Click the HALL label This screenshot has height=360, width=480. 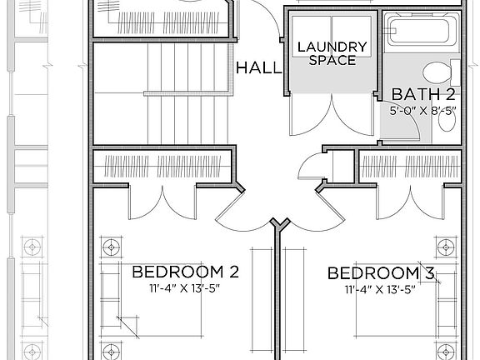[259, 68]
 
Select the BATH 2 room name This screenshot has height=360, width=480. [423, 93]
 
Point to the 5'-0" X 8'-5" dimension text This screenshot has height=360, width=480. [422, 109]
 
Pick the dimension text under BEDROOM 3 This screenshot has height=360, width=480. [380, 289]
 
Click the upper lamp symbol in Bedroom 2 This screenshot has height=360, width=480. [110, 247]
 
